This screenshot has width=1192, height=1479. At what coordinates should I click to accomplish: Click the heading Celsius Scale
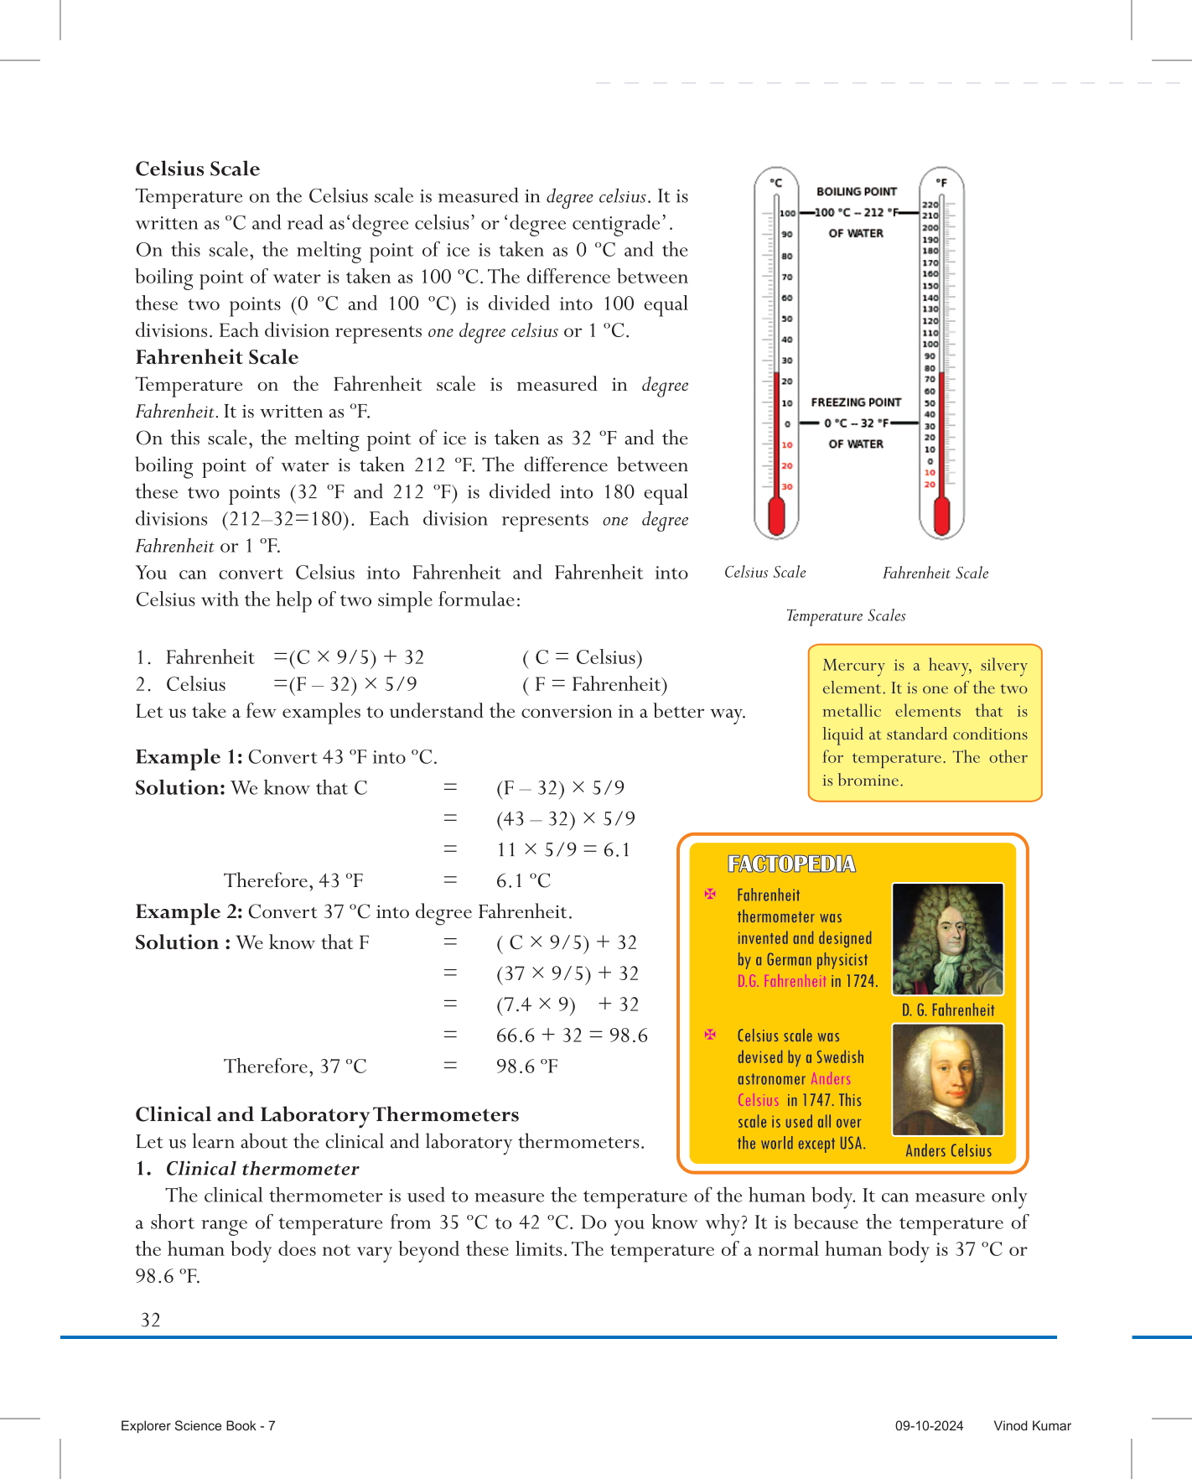pyautogui.click(x=198, y=169)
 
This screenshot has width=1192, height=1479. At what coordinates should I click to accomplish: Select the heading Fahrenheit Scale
pyautogui.click(x=217, y=358)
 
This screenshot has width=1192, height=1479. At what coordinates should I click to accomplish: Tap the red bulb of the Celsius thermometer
pyautogui.click(x=776, y=516)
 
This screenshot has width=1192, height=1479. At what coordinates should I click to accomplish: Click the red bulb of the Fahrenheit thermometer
pyautogui.click(x=941, y=516)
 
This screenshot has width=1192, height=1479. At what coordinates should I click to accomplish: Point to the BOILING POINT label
pyautogui.click(x=856, y=192)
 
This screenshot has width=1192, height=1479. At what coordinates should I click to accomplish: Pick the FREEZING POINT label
pyautogui.click(x=856, y=402)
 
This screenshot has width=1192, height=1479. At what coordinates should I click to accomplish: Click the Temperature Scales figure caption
pyautogui.click(x=846, y=616)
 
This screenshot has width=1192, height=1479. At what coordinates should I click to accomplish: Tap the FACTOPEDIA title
pyautogui.click(x=791, y=864)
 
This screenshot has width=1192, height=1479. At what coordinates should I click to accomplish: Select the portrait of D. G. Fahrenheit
pyautogui.click(x=947, y=939)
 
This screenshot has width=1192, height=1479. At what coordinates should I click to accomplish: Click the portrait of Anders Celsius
pyautogui.click(x=947, y=1080)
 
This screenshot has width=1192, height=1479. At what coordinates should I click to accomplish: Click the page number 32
pyautogui.click(x=151, y=1321)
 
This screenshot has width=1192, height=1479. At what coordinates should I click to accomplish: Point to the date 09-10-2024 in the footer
pyautogui.click(x=929, y=1426)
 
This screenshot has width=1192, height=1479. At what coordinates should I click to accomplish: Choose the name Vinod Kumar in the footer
pyautogui.click(x=1032, y=1426)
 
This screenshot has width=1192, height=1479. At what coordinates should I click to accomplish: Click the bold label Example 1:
pyautogui.click(x=189, y=758)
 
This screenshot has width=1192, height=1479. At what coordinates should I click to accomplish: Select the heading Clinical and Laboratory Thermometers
pyautogui.click(x=327, y=1115)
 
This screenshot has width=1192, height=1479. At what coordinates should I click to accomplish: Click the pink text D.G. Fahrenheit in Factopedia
pyautogui.click(x=782, y=982)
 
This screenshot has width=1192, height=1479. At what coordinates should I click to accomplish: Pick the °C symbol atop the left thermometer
pyautogui.click(x=776, y=183)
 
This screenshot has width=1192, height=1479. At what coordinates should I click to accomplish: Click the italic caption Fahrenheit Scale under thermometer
pyautogui.click(x=935, y=573)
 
